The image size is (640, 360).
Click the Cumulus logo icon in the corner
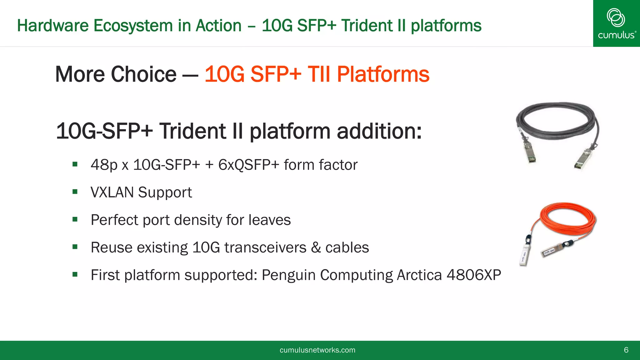tap(616, 17)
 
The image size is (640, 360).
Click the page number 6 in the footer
tap(626, 350)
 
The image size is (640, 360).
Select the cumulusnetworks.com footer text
tap(317, 350)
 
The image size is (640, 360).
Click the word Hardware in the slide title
tap(52, 26)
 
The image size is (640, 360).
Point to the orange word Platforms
tap(383, 74)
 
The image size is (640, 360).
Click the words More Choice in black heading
tap(116, 74)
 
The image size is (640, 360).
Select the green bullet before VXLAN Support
tap(75, 192)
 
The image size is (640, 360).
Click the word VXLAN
tap(112, 192)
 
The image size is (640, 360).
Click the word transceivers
tap(265, 247)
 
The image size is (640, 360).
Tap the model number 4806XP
tap(473, 275)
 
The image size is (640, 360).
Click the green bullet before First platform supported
tap(75, 275)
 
